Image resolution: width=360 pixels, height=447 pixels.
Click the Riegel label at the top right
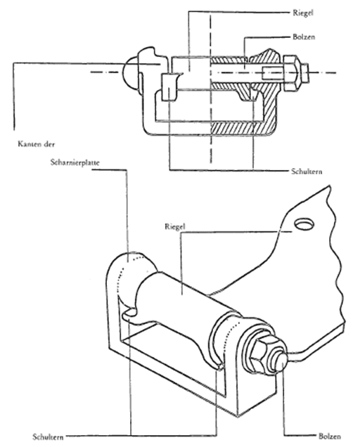tap(303, 13)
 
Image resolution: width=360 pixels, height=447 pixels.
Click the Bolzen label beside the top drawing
tap(304, 37)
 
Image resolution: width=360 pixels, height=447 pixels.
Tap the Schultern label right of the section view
tap(307, 171)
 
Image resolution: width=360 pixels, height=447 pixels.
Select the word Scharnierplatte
tap(75, 162)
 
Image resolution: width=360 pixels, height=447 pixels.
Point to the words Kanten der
tap(37, 144)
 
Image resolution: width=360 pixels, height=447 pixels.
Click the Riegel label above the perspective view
tap(175, 227)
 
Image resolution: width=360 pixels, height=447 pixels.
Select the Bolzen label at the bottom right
tap(330, 436)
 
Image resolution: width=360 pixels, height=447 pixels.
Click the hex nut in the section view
tap(291, 73)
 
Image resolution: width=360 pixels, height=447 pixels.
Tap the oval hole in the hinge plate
tap(304, 223)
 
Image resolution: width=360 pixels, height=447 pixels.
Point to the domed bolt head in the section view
tap(131, 72)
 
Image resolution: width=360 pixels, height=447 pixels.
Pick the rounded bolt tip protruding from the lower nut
tap(281, 363)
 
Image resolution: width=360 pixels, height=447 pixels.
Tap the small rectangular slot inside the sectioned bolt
tap(272, 73)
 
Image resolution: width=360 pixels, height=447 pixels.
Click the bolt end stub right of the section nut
tap(304, 73)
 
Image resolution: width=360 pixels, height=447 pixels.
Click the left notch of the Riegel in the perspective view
tap(130, 313)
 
